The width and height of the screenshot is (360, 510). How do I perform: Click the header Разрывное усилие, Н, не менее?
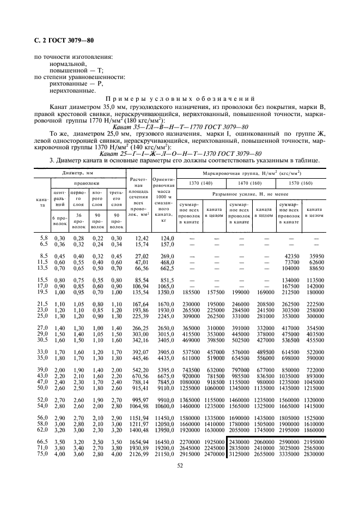pos(252,195)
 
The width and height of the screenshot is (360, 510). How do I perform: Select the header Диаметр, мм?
pos(78,172)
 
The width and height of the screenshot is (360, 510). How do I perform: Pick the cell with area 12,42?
pos(141,238)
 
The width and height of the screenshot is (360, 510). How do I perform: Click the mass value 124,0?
pos(166,238)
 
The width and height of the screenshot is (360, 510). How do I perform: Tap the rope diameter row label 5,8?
pos(44,238)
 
